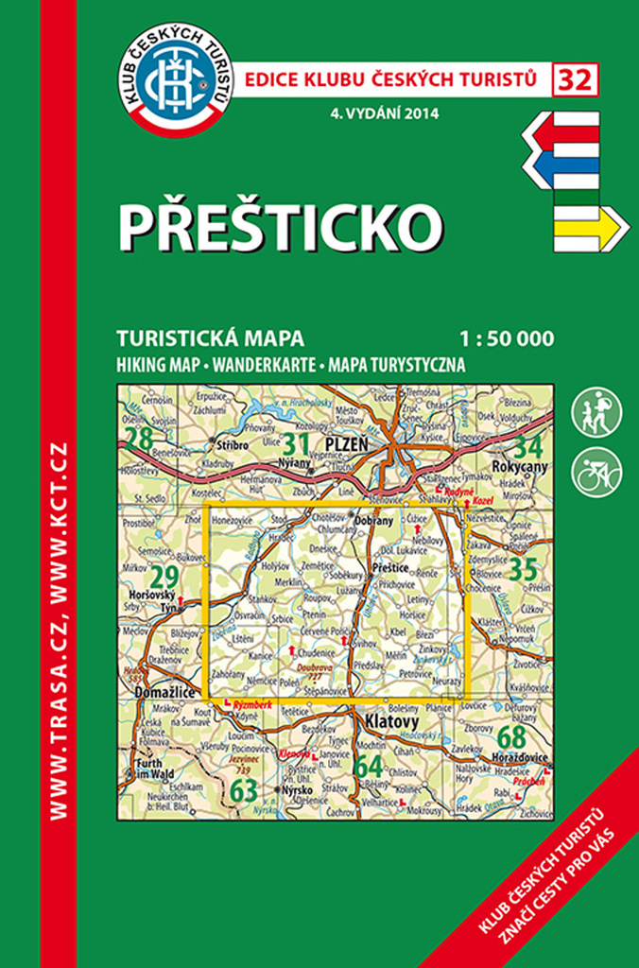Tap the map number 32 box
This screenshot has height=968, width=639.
point(576,80)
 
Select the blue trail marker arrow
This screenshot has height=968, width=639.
point(562,172)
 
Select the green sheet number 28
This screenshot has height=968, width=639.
point(140,439)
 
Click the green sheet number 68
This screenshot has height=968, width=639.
point(510,736)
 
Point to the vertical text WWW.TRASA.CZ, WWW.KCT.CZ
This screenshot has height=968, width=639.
point(60,628)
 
